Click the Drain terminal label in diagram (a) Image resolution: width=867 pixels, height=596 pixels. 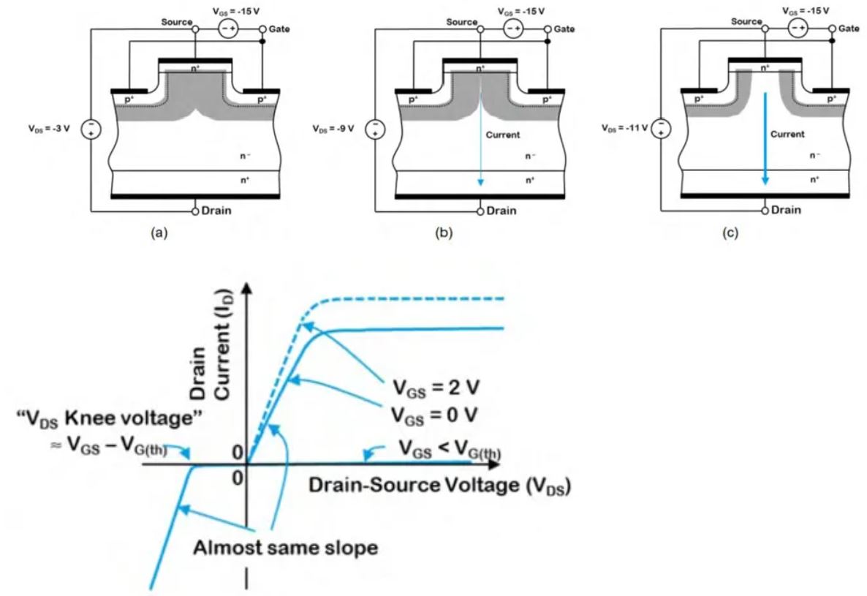coord(217,211)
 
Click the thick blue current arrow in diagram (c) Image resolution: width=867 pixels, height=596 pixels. coord(765,139)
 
